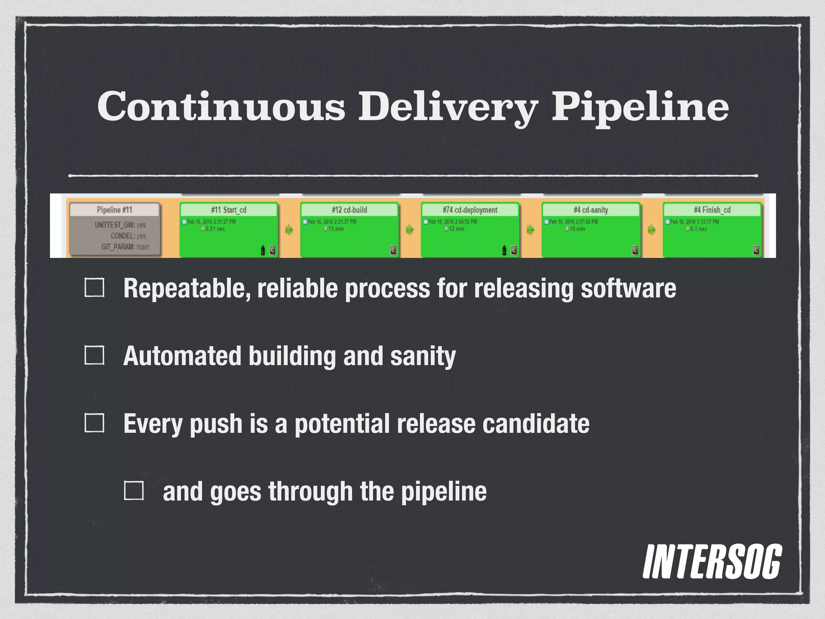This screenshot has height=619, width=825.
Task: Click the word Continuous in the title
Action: (221, 106)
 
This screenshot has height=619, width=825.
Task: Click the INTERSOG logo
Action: (712, 562)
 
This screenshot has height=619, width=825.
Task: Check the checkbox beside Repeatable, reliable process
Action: (94, 288)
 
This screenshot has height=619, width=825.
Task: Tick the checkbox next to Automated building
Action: (94, 355)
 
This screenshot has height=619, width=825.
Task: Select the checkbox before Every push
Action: (94, 423)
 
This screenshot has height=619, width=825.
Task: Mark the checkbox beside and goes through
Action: (134, 491)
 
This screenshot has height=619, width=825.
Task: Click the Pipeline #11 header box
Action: (114, 210)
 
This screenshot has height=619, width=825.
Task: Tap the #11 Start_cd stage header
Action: (228, 210)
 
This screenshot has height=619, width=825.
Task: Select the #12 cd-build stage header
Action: (349, 210)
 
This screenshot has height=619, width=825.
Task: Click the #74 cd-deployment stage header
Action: (470, 210)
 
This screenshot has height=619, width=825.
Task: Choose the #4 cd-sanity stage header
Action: (591, 210)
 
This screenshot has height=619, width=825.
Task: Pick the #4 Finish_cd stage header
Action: (712, 210)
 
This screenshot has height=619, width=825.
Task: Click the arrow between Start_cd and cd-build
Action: (289, 230)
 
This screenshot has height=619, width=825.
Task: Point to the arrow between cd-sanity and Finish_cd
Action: (651, 230)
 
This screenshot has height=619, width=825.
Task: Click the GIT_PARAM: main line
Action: (125, 247)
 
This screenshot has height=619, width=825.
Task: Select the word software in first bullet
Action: (628, 289)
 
